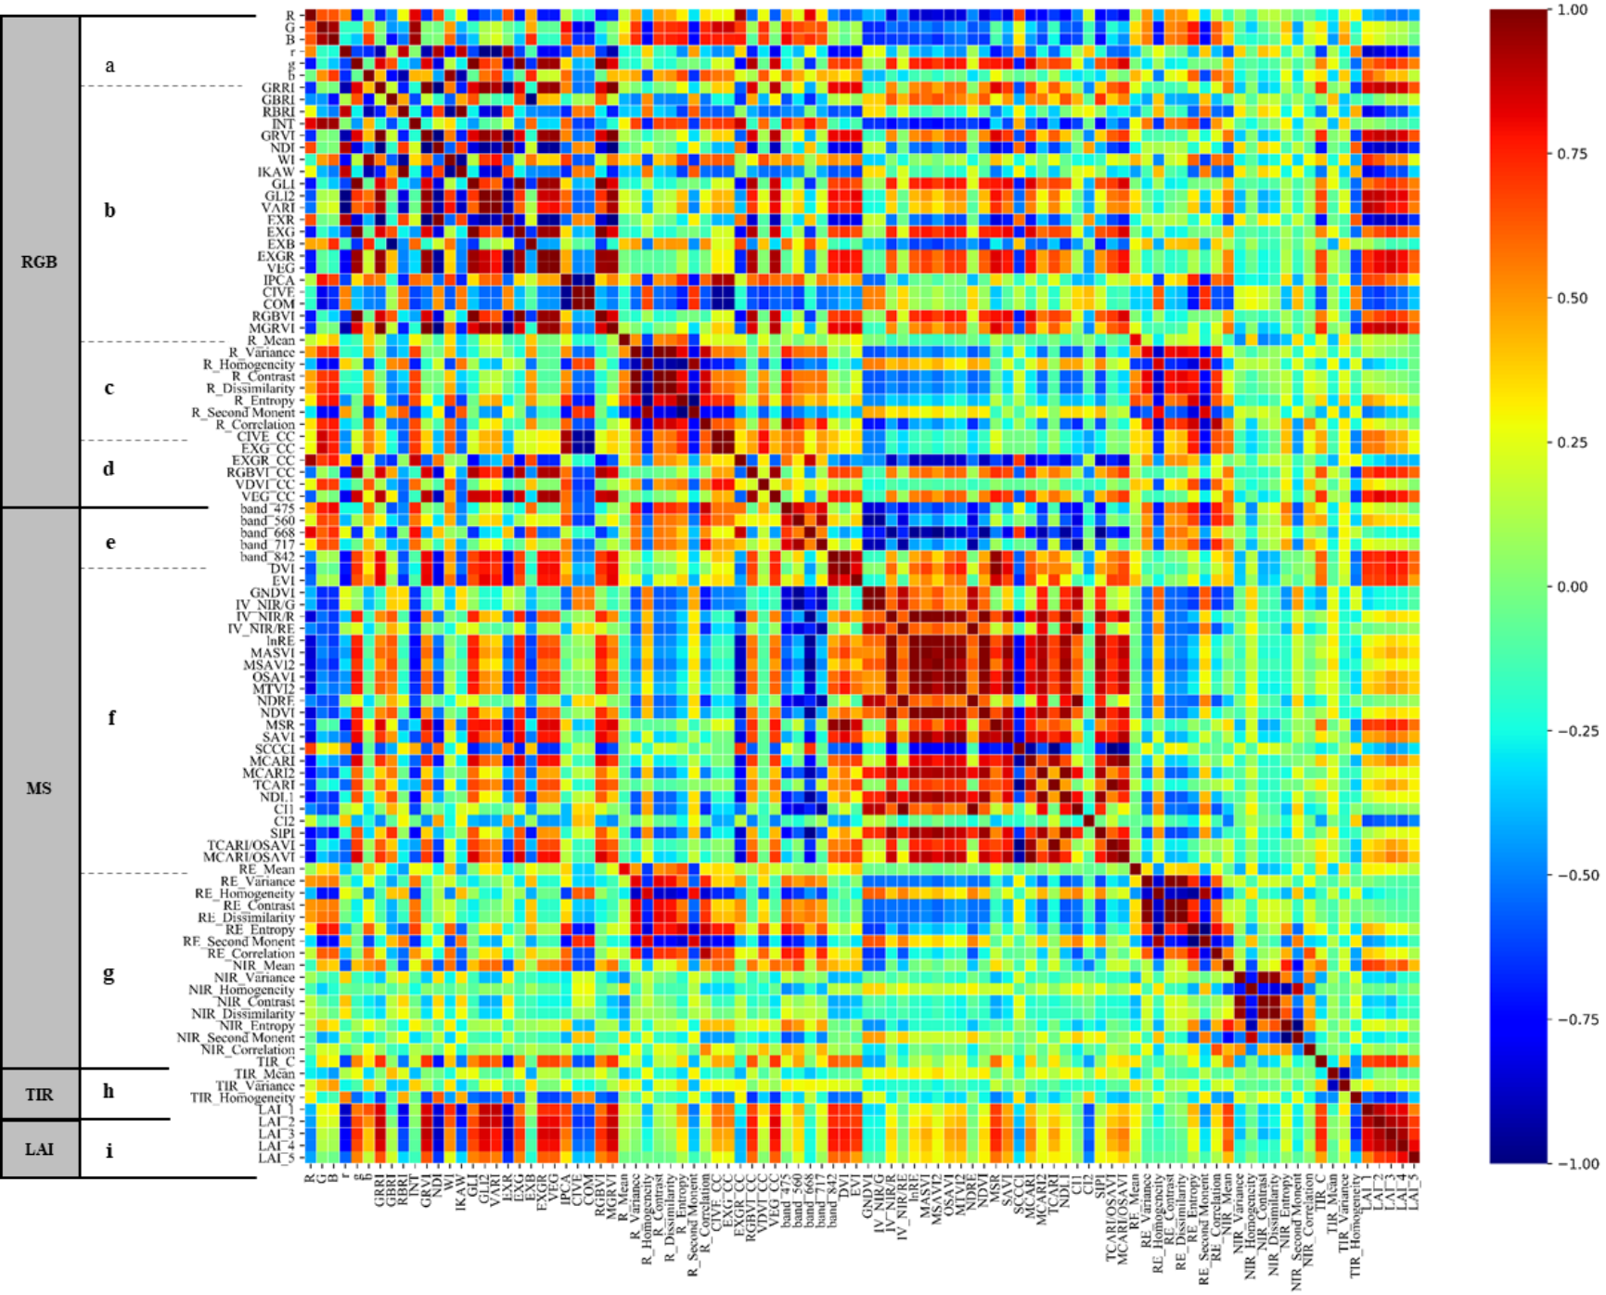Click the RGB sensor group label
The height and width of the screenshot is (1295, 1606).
39,262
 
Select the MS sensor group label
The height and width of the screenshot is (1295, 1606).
39,789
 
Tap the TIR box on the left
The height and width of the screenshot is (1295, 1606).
39,1095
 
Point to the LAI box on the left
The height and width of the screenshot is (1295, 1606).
39,1149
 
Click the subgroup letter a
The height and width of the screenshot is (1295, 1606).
109,65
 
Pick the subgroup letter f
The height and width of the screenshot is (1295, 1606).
111,717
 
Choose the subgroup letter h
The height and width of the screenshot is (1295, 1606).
109,1091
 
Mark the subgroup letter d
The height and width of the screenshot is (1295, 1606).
109,468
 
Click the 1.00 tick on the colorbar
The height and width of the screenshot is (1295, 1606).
1573,9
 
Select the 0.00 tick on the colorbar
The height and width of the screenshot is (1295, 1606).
1573,586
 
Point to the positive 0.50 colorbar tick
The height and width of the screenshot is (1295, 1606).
1573,298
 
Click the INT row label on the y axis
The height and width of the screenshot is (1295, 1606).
282,123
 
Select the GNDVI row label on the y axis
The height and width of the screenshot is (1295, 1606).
272,593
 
